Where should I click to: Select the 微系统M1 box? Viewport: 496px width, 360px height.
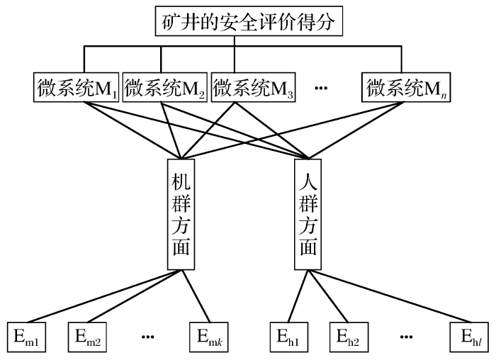[76, 88]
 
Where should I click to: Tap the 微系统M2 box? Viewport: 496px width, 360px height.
[165, 88]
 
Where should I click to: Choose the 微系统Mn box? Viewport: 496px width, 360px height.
[407, 88]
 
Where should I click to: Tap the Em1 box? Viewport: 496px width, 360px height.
[28, 337]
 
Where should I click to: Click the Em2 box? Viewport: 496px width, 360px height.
[87, 337]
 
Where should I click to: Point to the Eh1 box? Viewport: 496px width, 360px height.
[289, 337]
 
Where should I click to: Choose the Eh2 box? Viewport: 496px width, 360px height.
[349, 337]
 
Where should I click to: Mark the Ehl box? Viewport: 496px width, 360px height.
[468, 337]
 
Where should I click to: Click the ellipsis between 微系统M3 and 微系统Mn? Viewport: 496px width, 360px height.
[321, 89]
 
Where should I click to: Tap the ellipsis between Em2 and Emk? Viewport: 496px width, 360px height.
[148, 337]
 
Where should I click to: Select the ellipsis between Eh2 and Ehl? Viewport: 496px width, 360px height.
[408, 337]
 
